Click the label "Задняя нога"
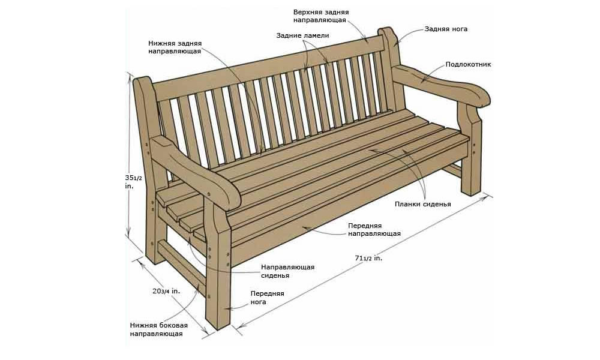446,29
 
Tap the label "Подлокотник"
468,64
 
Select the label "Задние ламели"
302,35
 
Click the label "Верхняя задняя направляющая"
321,16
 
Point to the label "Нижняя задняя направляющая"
175,47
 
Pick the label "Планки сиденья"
423,204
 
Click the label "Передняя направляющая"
374,230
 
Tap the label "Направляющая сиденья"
288,271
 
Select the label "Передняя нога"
267,298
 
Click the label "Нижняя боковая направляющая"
159,329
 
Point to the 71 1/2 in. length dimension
368,258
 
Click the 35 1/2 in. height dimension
130,182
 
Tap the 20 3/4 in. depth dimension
166,291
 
